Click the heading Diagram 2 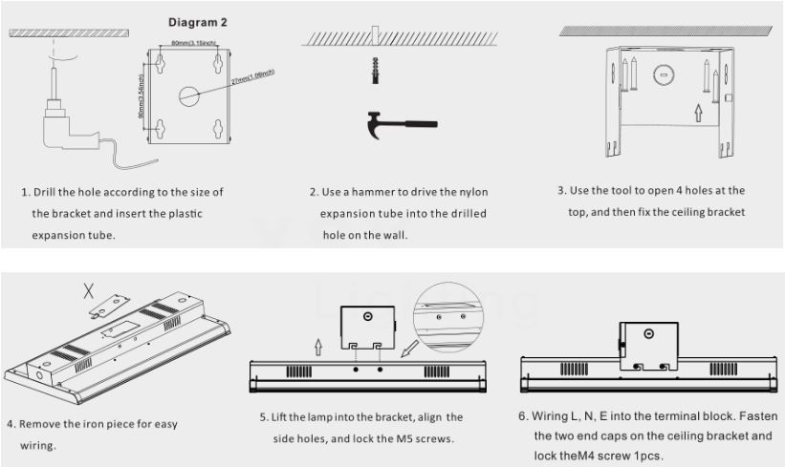pos(198,21)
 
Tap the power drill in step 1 pos(68,123)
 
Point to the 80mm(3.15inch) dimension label pos(192,44)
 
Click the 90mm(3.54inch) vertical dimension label pos(142,96)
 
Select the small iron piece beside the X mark pos(114,302)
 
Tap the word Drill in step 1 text pos(48,192)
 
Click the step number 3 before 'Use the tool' pos(561,190)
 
